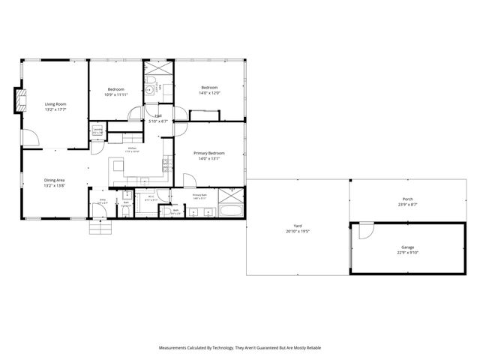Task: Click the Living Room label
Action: pos(55,103)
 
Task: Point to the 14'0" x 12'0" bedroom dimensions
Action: pos(209,93)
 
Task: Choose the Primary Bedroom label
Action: pos(209,153)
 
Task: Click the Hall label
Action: pos(158,115)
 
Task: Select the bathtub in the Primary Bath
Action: pos(231,210)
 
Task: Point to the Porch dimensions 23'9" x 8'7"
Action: pos(408,205)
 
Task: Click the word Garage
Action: pos(408,247)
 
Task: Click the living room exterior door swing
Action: pos(29,137)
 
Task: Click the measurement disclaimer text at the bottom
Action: pos(240,348)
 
